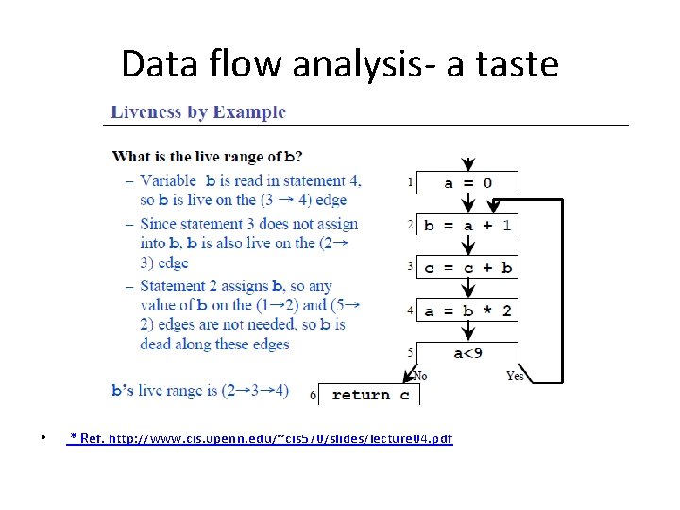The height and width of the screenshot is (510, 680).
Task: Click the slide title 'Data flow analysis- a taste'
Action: pyautogui.click(x=340, y=64)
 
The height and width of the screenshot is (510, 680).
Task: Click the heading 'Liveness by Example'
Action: pyautogui.click(x=198, y=112)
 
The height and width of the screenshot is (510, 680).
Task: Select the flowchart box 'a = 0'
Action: pyautogui.click(x=467, y=182)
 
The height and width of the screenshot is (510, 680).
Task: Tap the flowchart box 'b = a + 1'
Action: pyautogui.click(x=467, y=225)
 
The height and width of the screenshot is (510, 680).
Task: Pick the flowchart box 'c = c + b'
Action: pyautogui.click(x=467, y=267)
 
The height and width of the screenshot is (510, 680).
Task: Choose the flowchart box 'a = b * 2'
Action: pyautogui.click(x=467, y=311)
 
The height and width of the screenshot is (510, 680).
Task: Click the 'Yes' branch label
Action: pyautogui.click(x=515, y=376)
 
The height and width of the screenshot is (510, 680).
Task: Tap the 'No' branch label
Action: pyautogui.click(x=420, y=376)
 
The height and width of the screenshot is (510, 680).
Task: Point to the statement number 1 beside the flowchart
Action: pyautogui.click(x=410, y=180)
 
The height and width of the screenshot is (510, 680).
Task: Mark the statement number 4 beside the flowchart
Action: pyautogui.click(x=410, y=309)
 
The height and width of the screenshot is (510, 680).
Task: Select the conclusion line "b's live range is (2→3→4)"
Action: pyautogui.click(x=200, y=390)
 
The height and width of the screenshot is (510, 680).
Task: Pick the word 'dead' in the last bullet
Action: pyautogui.click(x=158, y=345)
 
